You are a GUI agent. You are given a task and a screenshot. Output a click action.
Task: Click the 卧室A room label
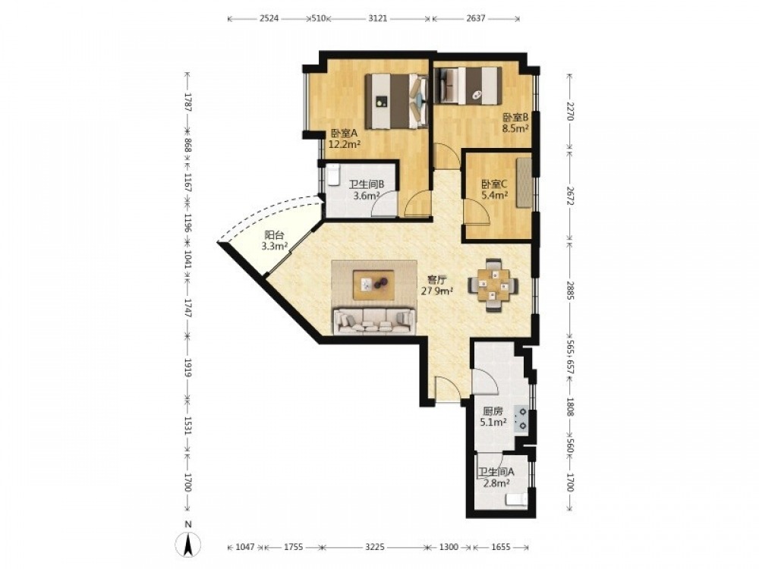click(x=344, y=133)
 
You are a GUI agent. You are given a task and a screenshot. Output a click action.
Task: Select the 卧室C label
click(x=494, y=184)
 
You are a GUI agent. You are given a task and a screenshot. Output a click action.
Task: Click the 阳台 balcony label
click(x=275, y=235)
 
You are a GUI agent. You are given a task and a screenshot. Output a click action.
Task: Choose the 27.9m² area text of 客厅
click(x=437, y=291)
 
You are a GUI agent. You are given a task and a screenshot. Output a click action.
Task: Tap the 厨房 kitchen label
click(x=493, y=411)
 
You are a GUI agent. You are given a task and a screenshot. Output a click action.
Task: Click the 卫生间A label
click(x=496, y=472)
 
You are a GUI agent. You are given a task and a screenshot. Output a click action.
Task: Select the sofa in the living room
click(x=374, y=321)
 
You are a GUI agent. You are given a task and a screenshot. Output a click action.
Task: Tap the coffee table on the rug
click(x=373, y=285)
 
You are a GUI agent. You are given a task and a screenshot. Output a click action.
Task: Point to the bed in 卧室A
click(x=397, y=101)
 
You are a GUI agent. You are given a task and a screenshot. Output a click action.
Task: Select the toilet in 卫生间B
click(x=333, y=175)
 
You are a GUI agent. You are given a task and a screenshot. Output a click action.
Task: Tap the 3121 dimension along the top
click(x=377, y=19)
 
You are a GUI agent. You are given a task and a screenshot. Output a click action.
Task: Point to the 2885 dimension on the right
click(x=570, y=291)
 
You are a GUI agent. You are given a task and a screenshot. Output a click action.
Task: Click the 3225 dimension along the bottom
click(x=375, y=547)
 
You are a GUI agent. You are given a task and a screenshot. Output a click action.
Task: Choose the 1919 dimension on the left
click(x=188, y=367)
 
